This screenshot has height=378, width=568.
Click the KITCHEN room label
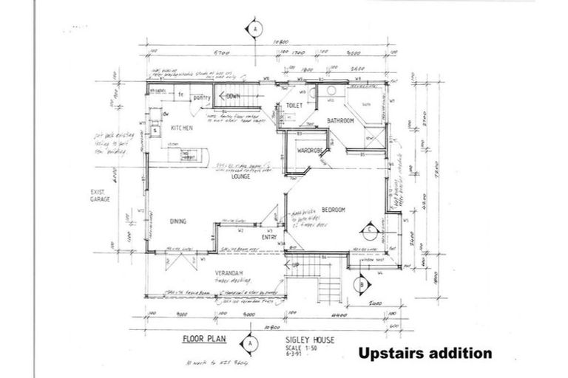click(182, 128)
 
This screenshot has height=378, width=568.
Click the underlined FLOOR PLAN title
click(204, 340)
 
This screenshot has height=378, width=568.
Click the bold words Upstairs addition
click(425, 353)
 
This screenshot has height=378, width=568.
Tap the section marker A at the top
click(254, 28)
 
